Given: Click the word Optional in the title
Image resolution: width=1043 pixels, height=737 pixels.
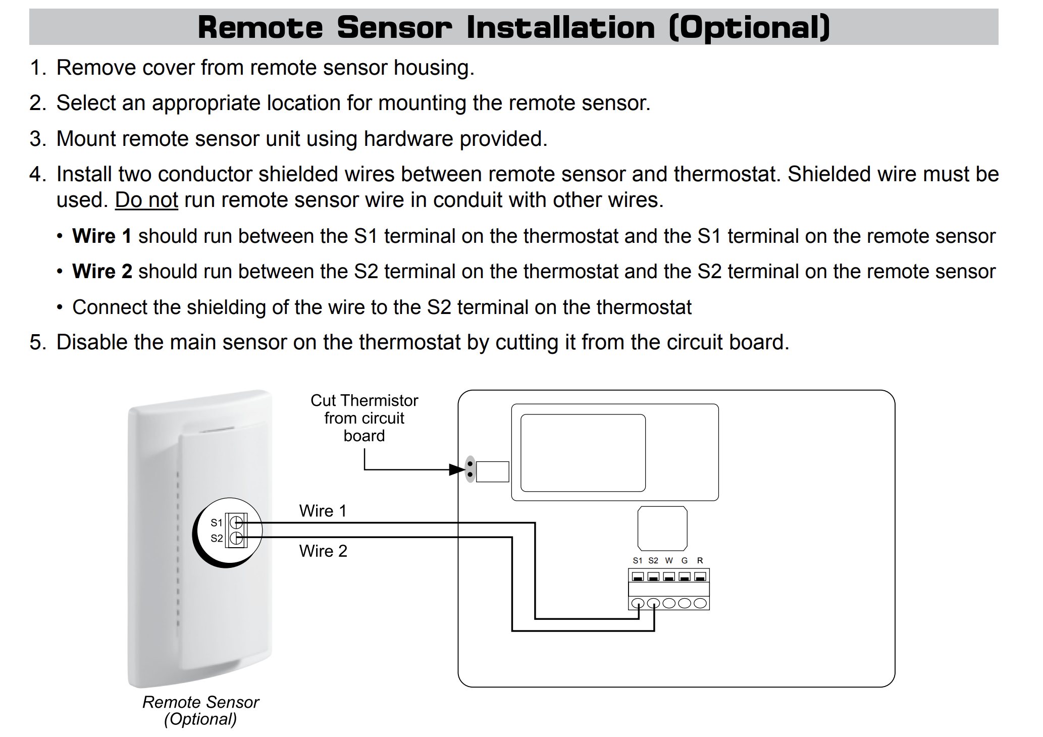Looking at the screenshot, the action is click(749, 27).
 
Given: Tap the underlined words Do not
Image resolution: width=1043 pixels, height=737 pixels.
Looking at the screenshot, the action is click(146, 200).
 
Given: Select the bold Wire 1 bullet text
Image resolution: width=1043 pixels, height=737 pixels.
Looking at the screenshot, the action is click(102, 236).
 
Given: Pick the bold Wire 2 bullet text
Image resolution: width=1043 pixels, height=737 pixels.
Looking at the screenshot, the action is click(102, 272).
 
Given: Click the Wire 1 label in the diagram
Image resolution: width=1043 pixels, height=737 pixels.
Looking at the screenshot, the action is click(323, 511).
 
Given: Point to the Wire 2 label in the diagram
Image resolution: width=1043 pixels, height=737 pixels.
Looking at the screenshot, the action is click(323, 551).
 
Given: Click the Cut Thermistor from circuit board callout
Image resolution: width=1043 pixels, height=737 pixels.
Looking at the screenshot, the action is click(364, 418).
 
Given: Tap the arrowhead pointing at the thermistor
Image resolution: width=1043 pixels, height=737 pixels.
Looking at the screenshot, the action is click(457, 470).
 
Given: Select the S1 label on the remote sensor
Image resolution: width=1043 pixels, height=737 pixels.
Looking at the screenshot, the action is click(217, 522).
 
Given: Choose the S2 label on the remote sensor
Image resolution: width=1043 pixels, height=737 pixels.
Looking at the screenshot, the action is click(217, 538).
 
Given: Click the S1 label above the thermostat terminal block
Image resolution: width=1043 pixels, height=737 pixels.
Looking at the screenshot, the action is click(638, 560).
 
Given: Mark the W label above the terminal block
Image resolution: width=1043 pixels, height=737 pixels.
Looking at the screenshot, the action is click(669, 560).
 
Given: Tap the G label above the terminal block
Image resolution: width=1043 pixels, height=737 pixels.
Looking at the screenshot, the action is click(685, 560).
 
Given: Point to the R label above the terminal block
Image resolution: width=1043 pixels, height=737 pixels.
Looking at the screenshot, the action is click(700, 560).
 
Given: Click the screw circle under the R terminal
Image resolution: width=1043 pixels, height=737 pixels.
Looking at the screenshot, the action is click(700, 603).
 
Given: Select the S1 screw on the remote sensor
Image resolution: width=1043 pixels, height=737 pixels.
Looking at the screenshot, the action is click(236, 522).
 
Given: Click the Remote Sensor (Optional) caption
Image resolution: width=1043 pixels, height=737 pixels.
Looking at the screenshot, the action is click(200, 710).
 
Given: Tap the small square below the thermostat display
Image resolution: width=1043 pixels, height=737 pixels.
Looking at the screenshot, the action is click(662, 529).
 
